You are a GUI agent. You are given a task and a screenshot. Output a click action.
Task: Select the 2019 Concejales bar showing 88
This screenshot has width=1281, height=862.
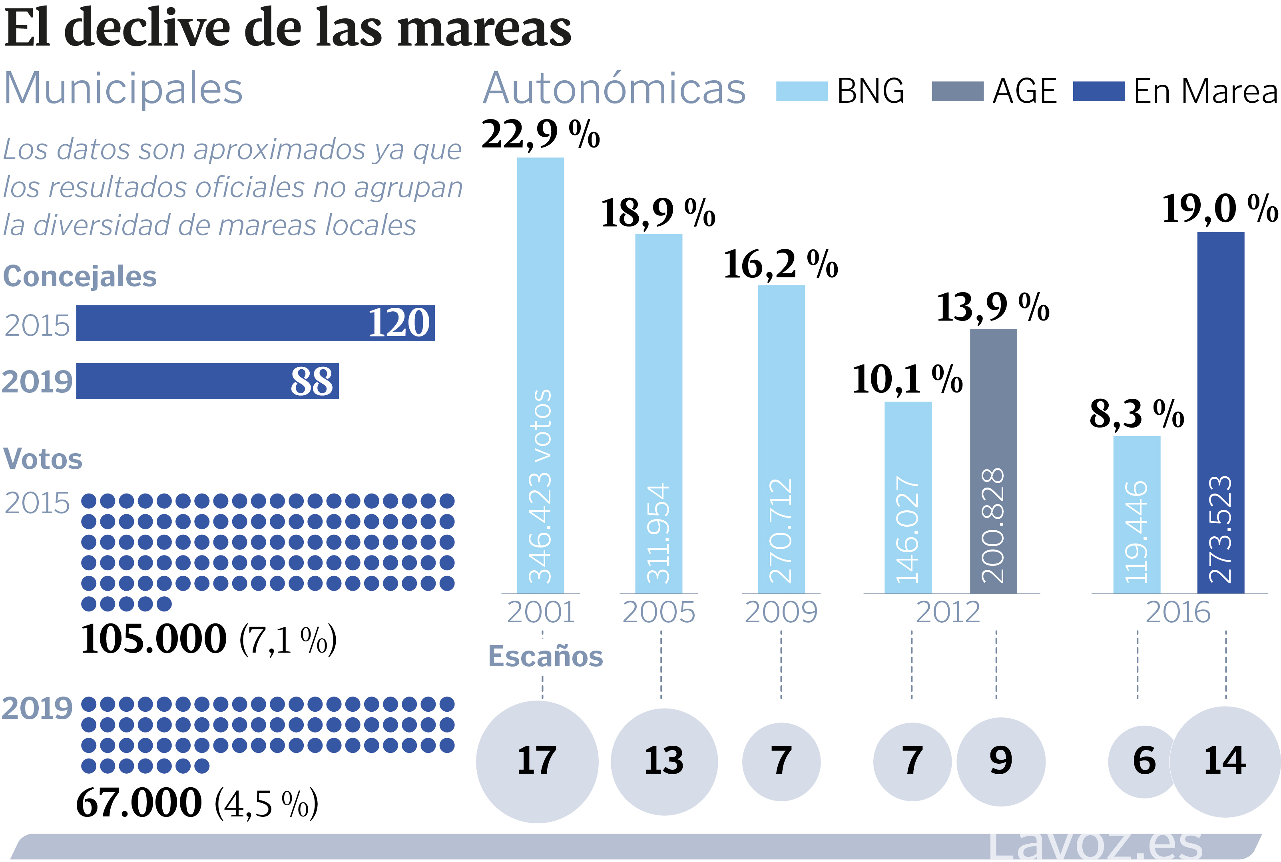click(x=207, y=381)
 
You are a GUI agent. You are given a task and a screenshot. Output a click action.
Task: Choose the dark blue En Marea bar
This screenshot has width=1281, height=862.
click(x=1221, y=412)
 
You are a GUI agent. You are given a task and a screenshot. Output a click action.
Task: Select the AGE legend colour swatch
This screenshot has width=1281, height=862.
click(x=957, y=91)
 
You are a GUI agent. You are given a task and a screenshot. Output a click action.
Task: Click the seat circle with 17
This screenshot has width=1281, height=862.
click(x=537, y=761)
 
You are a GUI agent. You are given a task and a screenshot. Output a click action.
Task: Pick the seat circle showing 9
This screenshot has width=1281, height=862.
click(x=1000, y=761)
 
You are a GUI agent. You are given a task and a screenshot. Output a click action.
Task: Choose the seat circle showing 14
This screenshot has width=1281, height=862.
click(x=1225, y=761)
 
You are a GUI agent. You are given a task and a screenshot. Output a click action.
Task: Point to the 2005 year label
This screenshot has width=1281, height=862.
click(x=659, y=612)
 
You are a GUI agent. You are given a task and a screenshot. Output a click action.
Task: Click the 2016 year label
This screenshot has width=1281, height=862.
click(x=1177, y=612)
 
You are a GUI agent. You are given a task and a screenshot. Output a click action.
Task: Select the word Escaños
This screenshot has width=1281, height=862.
click(x=546, y=657)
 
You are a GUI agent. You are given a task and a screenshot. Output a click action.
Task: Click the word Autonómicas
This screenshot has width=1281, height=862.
click(x=614, y=89)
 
